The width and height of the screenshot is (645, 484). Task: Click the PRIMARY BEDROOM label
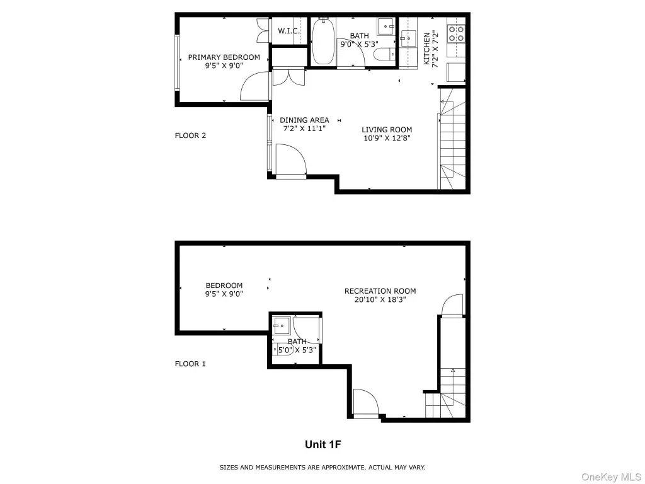point(224,57)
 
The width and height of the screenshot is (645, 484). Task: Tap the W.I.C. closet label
point(288,31)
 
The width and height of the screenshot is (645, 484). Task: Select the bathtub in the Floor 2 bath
point(323,41)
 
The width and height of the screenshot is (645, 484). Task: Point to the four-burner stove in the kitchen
point(456,34)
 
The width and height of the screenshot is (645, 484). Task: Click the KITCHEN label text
point(426,49)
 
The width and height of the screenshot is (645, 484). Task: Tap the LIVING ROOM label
point(387,130)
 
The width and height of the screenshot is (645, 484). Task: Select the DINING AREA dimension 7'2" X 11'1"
point(304,129)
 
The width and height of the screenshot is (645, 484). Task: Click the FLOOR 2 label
point(190,135)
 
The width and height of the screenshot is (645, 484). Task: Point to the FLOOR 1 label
point(190,364)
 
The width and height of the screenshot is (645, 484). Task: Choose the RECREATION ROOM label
point(380,291)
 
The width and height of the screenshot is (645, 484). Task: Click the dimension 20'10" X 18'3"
point(380,299)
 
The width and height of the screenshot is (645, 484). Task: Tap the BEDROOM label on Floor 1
point(224,285)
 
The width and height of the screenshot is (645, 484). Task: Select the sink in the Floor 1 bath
point(282,326)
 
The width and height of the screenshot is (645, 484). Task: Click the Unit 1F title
point(323,444)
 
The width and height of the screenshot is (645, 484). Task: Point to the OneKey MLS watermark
point(611,477)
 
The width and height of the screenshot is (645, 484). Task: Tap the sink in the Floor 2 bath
point(385,26)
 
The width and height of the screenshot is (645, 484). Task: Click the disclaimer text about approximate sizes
point(322,468)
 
